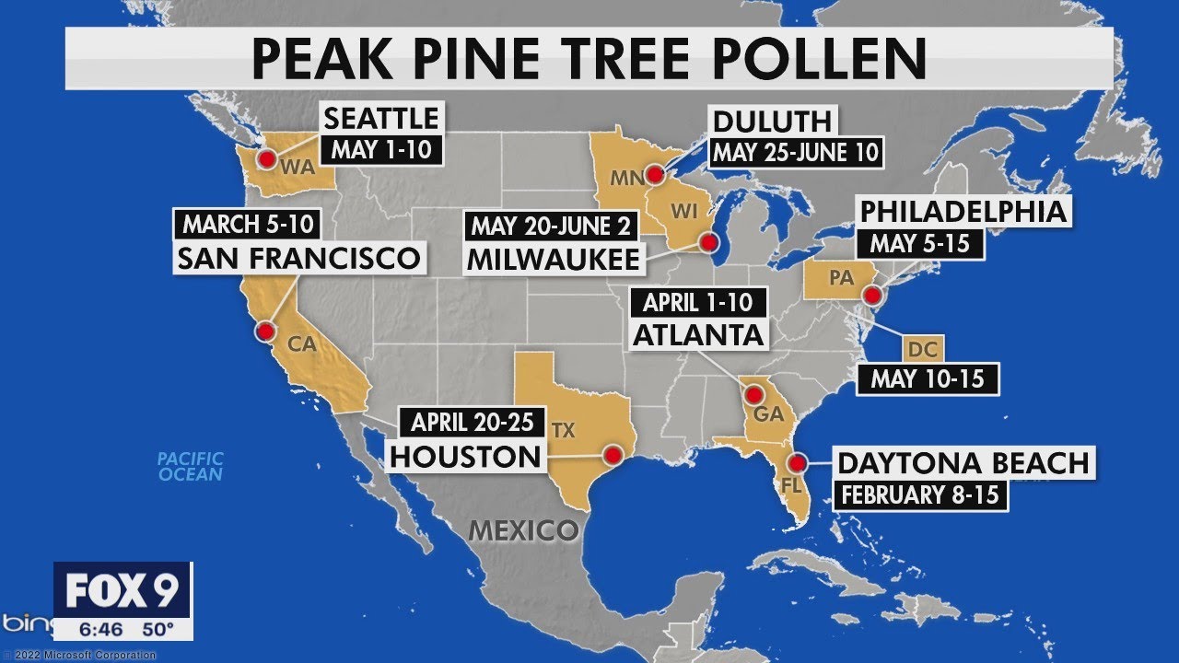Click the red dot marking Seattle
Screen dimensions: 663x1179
point(267,159)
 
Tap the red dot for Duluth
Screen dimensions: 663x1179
point(655,174)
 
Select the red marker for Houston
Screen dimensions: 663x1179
point(611,453)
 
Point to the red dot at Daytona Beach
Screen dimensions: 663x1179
point(798,462)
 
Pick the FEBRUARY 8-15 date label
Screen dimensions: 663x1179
point(920,494)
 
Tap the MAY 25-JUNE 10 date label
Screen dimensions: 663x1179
point(797,152)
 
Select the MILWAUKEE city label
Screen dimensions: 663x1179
point(553,259)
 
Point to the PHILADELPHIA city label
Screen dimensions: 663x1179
point(963,212)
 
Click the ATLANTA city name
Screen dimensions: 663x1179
point(698,334)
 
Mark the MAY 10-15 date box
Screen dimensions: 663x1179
point(928,378)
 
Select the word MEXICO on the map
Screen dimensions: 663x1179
point(523,530)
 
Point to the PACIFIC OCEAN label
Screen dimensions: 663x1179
point(191,466)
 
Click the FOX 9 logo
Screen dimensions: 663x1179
point(122,590)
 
